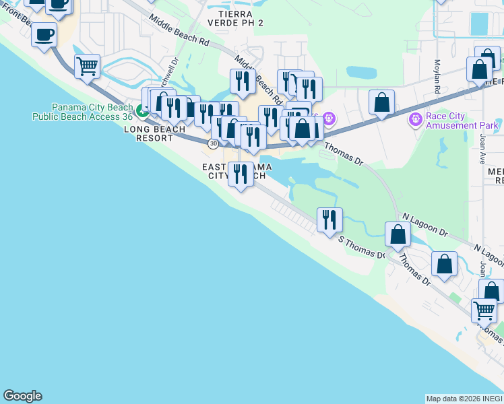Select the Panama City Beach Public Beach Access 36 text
[x=83, y=112]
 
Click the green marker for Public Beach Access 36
[x=141, y=110]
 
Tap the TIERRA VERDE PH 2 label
[x=237, y=18]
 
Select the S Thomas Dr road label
[x=361, y=248]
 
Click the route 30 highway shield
[x=214, y=143]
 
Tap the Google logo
[x=22, y=396]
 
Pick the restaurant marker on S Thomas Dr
[x=329, y=220]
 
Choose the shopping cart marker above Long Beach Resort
[x=87, y=66]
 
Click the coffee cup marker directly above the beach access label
[x=44, y=34]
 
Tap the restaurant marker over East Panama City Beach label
[x=241, y=174]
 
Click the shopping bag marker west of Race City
[x=381, y=102]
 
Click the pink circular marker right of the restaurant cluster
[x=328, y=119]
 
